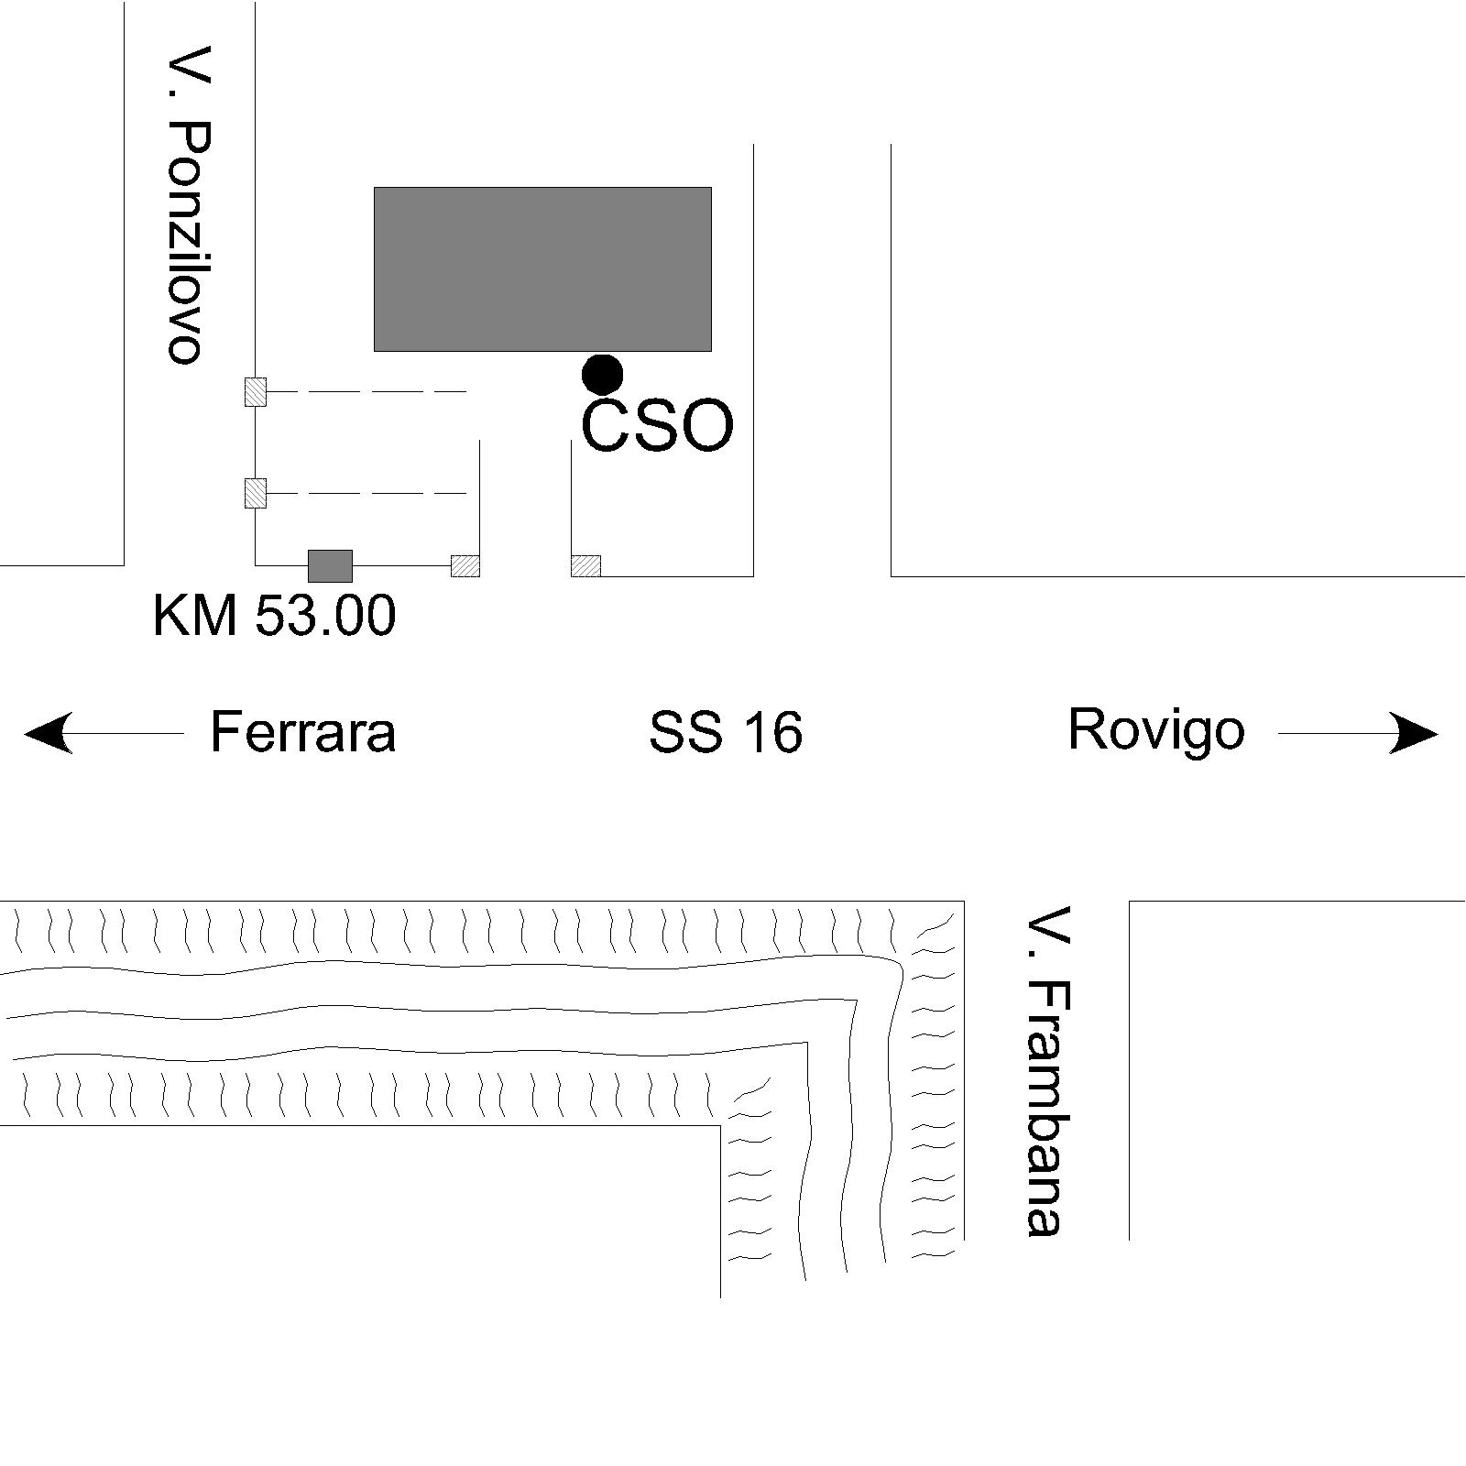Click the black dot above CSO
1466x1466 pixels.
pos(603,374)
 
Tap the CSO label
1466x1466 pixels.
pos(658,426)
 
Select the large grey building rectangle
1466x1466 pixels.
pos(542,269)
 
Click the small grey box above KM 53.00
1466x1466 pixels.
pos(330,565)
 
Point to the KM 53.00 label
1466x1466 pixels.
pos(274,615)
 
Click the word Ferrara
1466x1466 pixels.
pos(303,732)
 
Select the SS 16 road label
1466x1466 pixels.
pos(726,733)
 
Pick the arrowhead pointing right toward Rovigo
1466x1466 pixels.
pos(1414,733)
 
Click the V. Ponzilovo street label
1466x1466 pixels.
pos(191,204)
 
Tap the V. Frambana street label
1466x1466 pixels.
pos(1047,1071)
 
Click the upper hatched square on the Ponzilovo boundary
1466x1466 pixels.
pos(255,392)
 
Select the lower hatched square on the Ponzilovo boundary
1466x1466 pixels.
pos(255,493)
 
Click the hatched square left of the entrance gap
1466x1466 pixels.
pos(465,566)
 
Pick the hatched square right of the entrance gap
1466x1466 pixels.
pos(586,566)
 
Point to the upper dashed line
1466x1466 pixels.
pos(366,392)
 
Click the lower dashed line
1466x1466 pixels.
pos(366,493)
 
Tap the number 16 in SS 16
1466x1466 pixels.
pos(773,733)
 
